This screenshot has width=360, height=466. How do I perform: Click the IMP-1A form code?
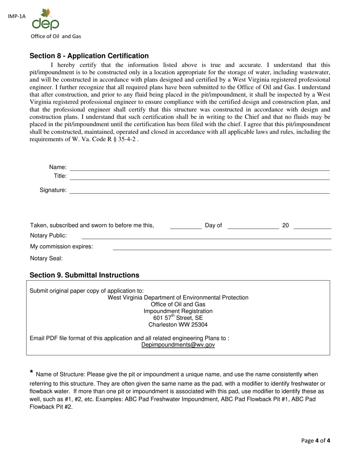coord(16,16)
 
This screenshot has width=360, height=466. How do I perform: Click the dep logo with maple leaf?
coord(45,20)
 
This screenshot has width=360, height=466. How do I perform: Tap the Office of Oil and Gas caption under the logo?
coord(56,36)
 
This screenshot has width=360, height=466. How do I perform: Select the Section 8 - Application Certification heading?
coord(89,56)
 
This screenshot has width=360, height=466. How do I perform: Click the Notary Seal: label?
coord(46,258)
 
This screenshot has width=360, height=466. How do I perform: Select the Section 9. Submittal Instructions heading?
coord(84,275)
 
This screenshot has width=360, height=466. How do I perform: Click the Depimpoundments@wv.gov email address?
coord(178,345)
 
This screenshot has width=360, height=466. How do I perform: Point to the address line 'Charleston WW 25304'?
coord(178,325)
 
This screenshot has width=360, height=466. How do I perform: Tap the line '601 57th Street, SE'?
coord(178,318)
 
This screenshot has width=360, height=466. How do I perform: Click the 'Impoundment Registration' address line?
coord(178,311)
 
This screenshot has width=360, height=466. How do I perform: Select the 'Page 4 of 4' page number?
coord(316,441)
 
